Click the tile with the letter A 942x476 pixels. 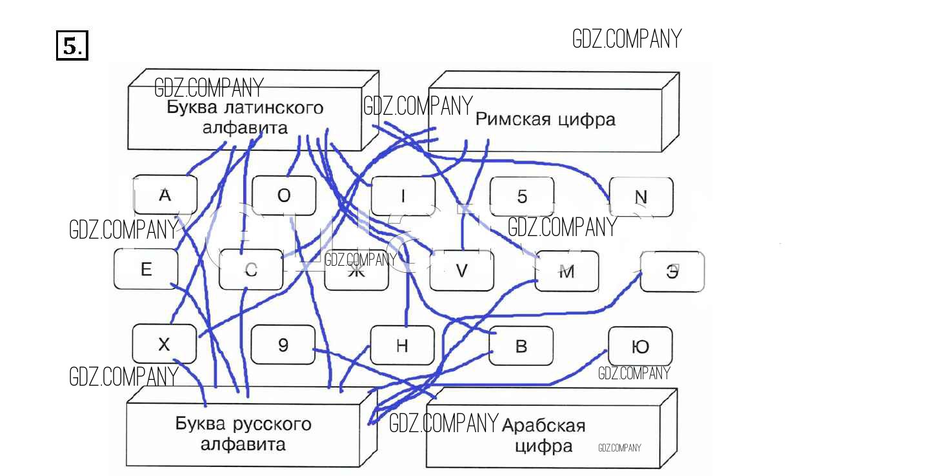coord(165,195)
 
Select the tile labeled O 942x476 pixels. coord(284,195)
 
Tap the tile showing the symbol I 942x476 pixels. coord(403,196)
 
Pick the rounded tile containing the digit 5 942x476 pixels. coord(522,197)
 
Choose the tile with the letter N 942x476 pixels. coord(641,197)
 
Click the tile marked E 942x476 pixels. coord(146,269)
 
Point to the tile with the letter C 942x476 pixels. coord(251,270)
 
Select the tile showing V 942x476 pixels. coord(461,271)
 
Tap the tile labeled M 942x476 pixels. coord(566,272)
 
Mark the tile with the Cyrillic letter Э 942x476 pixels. coord(672,272)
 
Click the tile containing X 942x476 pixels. coord(164,344)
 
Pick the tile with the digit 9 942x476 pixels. coord(283,345)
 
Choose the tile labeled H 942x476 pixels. coord(402,346)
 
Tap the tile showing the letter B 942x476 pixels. coord(521,346)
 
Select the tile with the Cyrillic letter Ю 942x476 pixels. coord(640,347)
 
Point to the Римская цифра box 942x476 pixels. coord(545,119)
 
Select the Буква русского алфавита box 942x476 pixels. coord(243,433)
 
